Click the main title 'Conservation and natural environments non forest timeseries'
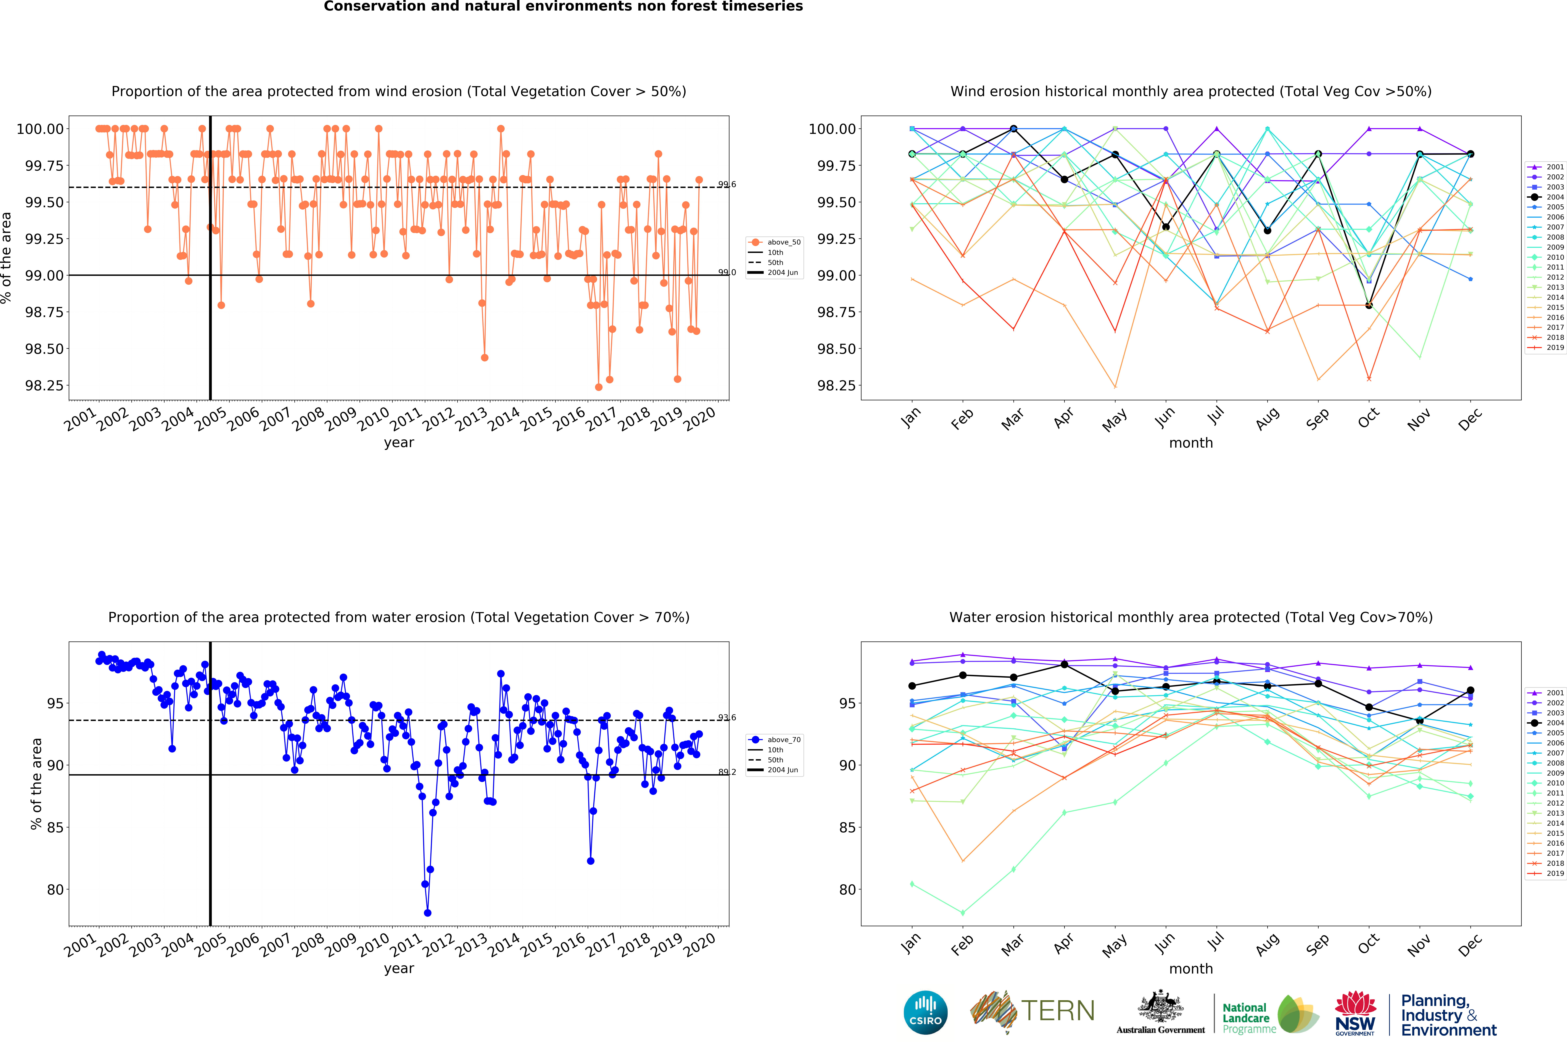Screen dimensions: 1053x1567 point(563,7)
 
